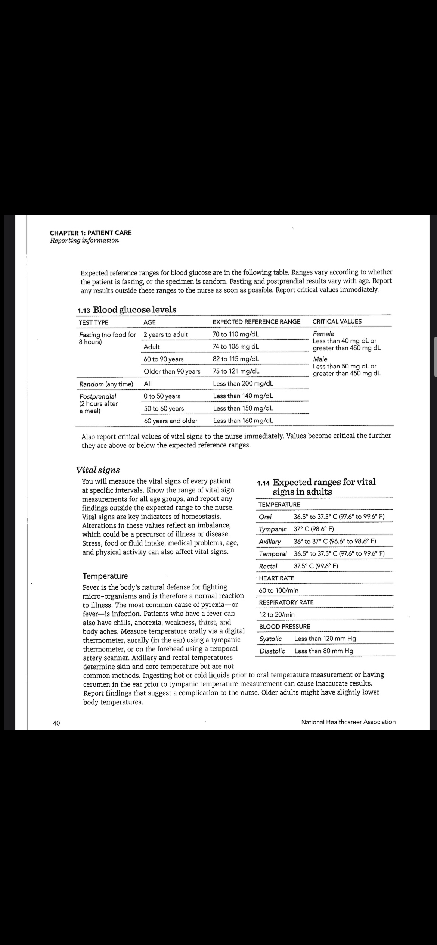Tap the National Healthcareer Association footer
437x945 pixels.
click(348, 722)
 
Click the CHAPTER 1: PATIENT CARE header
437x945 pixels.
click(90, 233)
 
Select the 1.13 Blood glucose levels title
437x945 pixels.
click(126, 310)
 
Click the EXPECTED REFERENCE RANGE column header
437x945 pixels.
click(256, 322)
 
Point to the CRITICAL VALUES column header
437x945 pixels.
click(337, 321)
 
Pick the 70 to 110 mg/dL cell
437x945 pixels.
click(236, 334)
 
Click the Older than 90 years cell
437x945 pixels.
click(172, 371)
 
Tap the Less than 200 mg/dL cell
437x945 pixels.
click(243, 384)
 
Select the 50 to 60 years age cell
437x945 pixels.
click(164, 408)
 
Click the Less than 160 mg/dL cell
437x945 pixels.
click(243, 421)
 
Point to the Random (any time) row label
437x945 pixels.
click(106, 384)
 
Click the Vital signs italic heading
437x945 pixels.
click(98, 470)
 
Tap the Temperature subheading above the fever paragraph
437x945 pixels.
click(105, 576)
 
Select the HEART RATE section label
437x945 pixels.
click(276, 578)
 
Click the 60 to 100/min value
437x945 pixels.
click(279, 590)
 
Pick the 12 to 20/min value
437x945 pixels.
click(277, 615)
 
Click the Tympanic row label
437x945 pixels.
click(273, 529)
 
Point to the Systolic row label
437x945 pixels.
click(270, 639)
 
